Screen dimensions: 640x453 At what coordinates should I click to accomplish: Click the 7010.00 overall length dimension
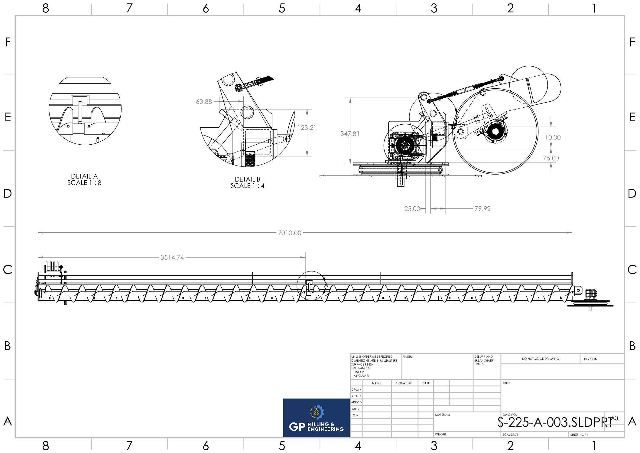[x=289, y=233]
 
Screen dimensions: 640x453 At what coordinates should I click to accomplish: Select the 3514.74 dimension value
[x=172, y=258]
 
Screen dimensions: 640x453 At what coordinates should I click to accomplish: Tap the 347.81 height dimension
[x=350, y=134]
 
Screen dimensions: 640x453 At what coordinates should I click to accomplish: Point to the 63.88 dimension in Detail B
[x=204, y=102]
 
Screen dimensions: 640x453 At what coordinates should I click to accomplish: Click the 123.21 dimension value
[x=307, y=128]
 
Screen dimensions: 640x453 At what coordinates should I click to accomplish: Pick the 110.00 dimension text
[x=551, y=137]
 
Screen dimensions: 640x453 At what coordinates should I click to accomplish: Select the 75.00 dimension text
[x=551, y=158]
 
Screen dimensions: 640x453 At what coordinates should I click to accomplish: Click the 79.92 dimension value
[x=482, y=209]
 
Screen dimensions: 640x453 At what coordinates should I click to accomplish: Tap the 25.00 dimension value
[x=412, y=209]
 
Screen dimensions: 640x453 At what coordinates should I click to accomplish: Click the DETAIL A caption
[x=84, y=176]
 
